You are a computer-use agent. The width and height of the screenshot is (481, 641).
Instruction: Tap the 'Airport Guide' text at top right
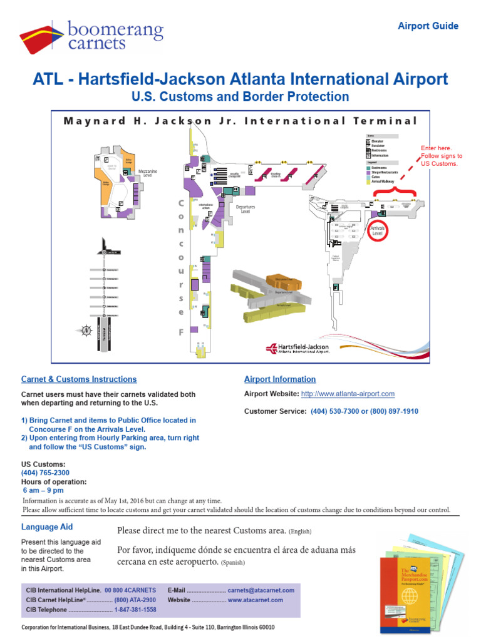428,26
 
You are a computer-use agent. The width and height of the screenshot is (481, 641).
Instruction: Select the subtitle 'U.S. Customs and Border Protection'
240,97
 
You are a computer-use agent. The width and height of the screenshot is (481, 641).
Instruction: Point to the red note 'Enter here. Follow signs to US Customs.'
442,156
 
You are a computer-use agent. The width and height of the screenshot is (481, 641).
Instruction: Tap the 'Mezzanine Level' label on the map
148,173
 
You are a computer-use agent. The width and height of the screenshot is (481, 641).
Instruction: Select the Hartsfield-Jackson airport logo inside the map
297,349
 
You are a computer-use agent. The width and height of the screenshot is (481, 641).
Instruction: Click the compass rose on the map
86,330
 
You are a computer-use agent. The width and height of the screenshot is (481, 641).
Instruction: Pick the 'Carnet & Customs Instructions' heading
79,379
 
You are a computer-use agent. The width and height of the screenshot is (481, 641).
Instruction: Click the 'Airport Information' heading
279,379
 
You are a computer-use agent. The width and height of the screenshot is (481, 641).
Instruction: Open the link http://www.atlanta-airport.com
348,394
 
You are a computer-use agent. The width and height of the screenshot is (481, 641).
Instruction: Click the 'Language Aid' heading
47,527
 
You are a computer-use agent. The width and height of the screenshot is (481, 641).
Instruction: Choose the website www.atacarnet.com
255,600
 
